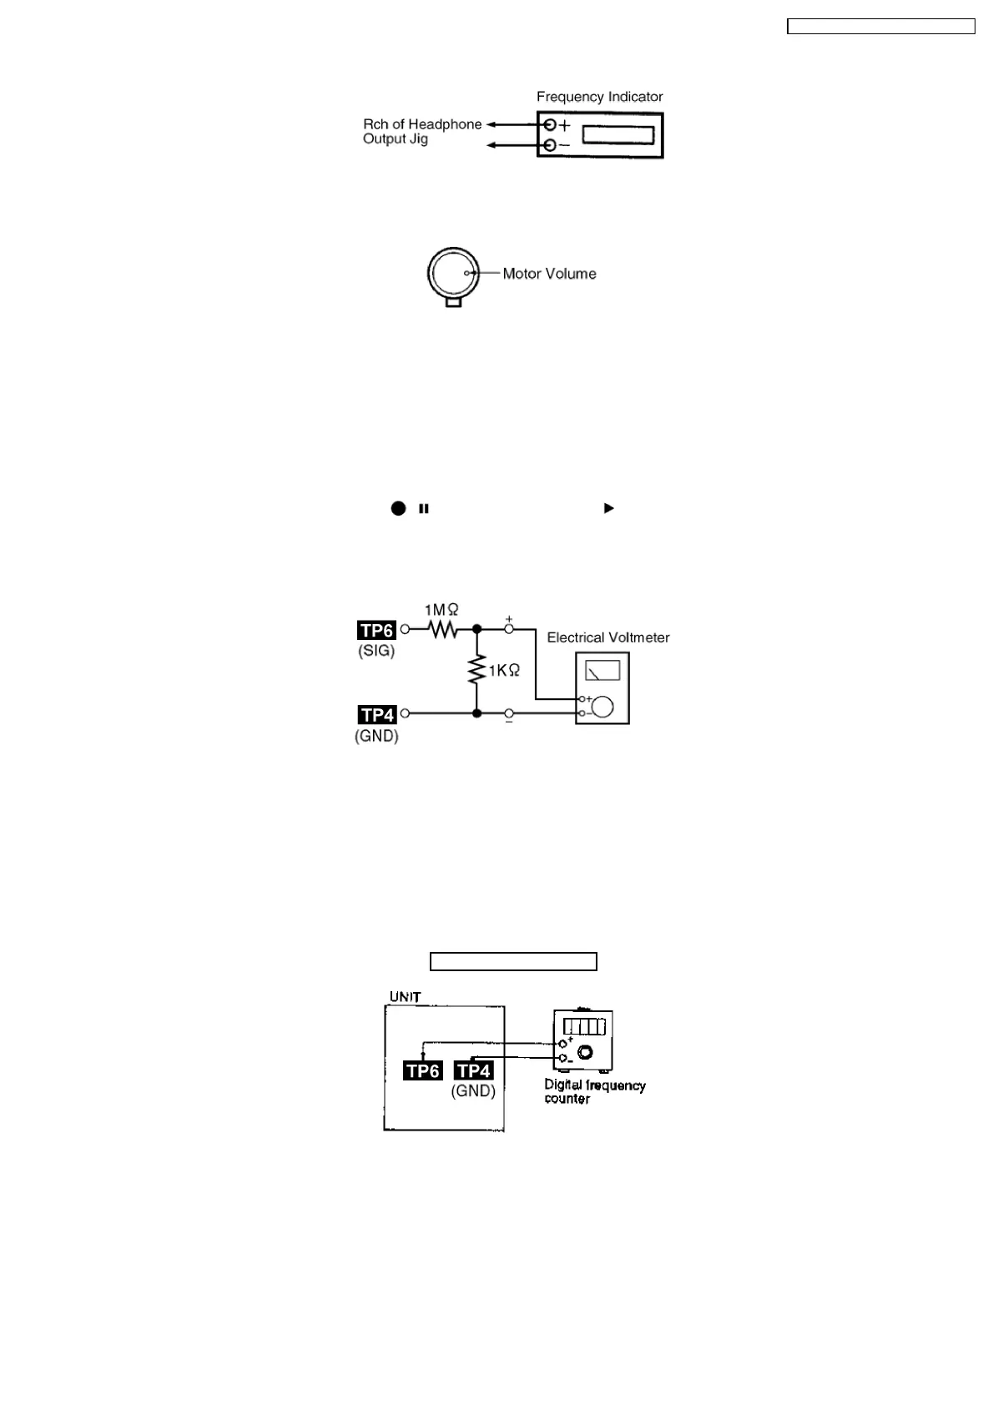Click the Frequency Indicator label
pos(599,97)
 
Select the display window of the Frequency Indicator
pos(617,135)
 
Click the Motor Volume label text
pos(549,274)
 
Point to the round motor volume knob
pos(453,273)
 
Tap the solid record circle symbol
pos(398,508)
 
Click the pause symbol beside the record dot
pos(424,508)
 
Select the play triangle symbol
pos(608,508)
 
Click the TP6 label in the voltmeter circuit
pos(376,631)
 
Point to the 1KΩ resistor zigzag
pos(477,669)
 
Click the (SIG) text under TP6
pos(376,652)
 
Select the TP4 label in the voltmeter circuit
pos(376,715)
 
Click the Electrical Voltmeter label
pos(607,637)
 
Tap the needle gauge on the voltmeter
pos(603,670)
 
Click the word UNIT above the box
pos(406,997)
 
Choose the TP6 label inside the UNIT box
pos(422,1070)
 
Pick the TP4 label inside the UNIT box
pos(473,1070)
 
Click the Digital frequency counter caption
pos(594,1092)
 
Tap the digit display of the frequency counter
pos(583,1025)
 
